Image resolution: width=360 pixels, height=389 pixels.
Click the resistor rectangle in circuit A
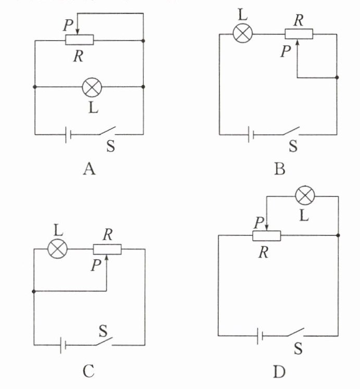click(x=79, y=40)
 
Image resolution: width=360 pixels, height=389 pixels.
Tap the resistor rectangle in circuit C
click(x=107, y=249)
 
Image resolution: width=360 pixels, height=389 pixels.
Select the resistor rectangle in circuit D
click(x=266, y=235)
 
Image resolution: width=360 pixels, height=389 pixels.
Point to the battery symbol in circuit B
click(x=251, y=134)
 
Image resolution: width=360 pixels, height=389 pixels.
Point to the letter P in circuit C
click(x=95, y=266)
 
